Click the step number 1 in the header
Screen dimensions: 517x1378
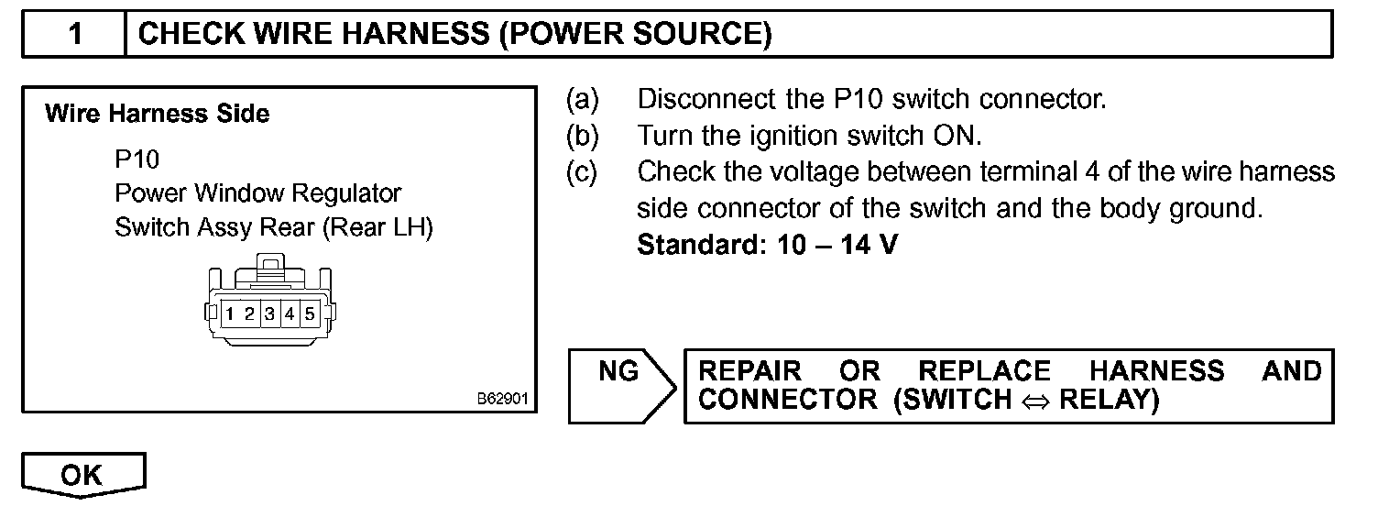pyautogui.click(x=75, y=35)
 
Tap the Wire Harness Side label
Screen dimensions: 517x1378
pyautogui.click(x=157, y=115)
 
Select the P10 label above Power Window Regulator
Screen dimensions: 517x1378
pyautogui.click(x=137, y=159)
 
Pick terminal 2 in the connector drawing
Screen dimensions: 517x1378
pyautogui.click(x=250, y=314)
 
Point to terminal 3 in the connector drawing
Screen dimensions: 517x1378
pyautogui.click(x=269, y=314)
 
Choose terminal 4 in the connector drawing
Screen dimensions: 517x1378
pyautogui.click(x=290, y=314)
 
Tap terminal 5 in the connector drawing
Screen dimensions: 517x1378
pyautogui.click(x=310, y=314)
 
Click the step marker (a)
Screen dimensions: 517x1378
pyautogui.click(x=582, y=99)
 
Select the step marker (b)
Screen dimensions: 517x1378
pyautogui.click(x=582, y=136)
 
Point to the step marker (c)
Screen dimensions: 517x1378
pyautogui.click(x=582, y=172)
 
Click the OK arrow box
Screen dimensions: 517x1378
pyautogui.click(x=82, y=476)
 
